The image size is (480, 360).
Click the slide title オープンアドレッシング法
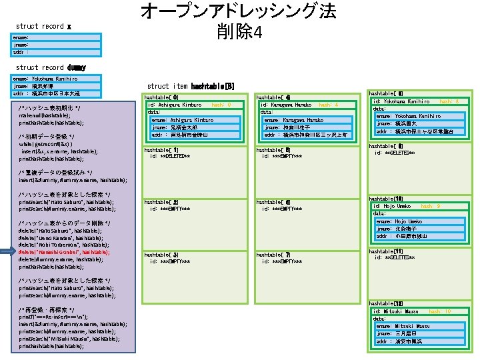tap(238, 11)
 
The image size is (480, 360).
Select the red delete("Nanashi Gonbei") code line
tap(64, 252)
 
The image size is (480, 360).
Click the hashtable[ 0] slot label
tap(161, 97)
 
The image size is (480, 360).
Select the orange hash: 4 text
tap(328, 105)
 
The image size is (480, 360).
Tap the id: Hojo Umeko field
tap(394, 206)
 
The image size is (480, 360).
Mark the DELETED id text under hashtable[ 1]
tap(170, 156)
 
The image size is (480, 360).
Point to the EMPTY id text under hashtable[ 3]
tap(170, 261)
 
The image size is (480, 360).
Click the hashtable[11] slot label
tap(384, 251)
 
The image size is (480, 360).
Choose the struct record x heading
tap(43, 27)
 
